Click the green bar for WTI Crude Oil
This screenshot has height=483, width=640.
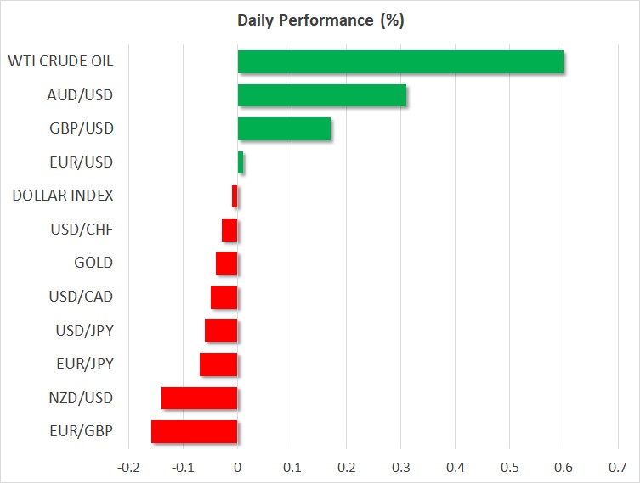click(x=400, y=62)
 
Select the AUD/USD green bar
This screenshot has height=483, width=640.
click(x=321, y=95)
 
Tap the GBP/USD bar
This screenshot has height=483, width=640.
click(x=284, y=128)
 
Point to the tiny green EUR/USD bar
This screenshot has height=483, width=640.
click(x=241, y=162)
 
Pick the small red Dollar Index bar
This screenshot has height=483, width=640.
click(x=235, y=196)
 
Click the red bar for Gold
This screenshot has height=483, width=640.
click(x=227, y=264)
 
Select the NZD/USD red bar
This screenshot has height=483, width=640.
click(x=200, y=398)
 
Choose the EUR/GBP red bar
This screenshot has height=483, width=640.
click(x=195, y=432)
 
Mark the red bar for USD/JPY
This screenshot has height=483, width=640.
click(x=221, y=331)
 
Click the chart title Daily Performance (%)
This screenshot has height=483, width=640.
click(x=320, y=20)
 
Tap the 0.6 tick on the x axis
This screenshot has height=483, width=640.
click(x=564, y=467)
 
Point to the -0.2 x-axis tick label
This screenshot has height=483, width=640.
click(x=128, y=467)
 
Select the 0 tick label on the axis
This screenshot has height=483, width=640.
click(x=237, y=467)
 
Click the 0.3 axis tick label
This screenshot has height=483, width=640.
click(x=401, y=467)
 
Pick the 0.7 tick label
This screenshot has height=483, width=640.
click(x=618, y=467)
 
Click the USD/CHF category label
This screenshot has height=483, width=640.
click(x=82, y=230)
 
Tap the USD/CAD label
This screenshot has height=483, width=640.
click(x=81, y=297)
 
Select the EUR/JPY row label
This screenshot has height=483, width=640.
click(x=85, y=364)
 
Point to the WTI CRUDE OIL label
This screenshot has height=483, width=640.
click(x=61, y=61)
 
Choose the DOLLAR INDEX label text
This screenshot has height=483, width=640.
click(x=63, y=196)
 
